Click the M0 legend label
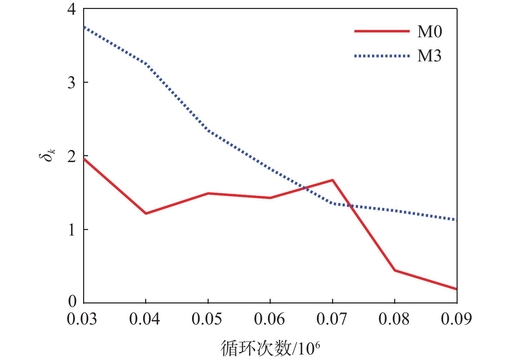point(429,32)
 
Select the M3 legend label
point(429,56)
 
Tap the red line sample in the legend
point(382,31)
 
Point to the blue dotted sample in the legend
point(382,56)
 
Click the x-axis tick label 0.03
point(82,320)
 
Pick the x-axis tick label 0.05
point(207,320)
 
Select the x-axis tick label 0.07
point(332,320)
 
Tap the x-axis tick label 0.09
point(456,320)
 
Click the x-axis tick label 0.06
point(269,320)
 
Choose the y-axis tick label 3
point(72,83)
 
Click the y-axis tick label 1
point(72,230)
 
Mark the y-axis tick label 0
point(72,302)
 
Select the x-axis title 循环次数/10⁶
point(270,348)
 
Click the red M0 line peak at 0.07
point(332,180)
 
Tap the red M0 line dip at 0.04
point(146,213)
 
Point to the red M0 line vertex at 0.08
point(395,270)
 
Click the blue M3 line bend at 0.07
point(332,203)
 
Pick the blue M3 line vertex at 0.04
point(146,64)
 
